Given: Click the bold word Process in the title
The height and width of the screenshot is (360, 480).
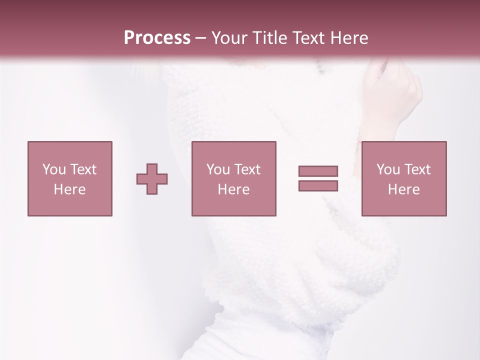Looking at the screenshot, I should point(157,38).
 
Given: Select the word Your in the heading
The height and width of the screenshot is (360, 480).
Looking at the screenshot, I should point(229,38).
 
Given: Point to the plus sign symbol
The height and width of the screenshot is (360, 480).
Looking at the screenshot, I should point(152,178).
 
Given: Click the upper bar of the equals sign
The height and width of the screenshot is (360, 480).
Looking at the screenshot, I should point(318,171).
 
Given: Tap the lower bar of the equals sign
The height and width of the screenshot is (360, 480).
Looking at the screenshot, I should point(318,186).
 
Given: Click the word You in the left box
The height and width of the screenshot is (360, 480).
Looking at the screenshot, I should point(54,169).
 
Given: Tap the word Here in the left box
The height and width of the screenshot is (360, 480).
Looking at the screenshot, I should point(70,189).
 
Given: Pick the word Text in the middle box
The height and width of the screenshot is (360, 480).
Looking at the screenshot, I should point(247,169).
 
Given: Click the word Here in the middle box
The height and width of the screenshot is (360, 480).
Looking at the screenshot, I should point(234,189).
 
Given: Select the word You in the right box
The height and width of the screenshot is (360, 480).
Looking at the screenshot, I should point(388,169).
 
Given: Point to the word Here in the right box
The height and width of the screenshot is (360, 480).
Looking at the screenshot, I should point(404,189).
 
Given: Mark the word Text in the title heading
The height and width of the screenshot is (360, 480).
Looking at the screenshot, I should point(306,38).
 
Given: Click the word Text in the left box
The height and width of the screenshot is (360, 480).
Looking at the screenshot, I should point(83,169).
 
